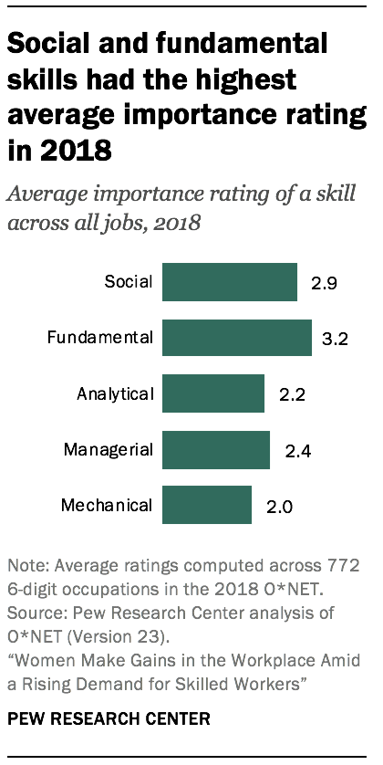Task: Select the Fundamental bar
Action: [x=237, y=338]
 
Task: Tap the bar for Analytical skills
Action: [x=213, y=393]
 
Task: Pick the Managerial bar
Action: [x=216, y=449]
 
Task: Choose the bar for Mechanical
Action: [x=207, y=505]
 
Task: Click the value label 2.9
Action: [x=324, y=283]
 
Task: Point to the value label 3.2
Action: [x=338, y=339]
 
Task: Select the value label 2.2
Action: [x=291, y=394]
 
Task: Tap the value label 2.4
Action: [x=296, y=450]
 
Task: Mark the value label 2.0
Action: [x=278, y=506]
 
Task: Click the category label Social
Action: [x=129, y=282]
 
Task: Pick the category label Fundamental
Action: [x=100, y=338]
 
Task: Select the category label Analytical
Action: [x=115, y=393]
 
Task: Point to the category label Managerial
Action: [x=109, y=449]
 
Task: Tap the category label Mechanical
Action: [x=107, y=505]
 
